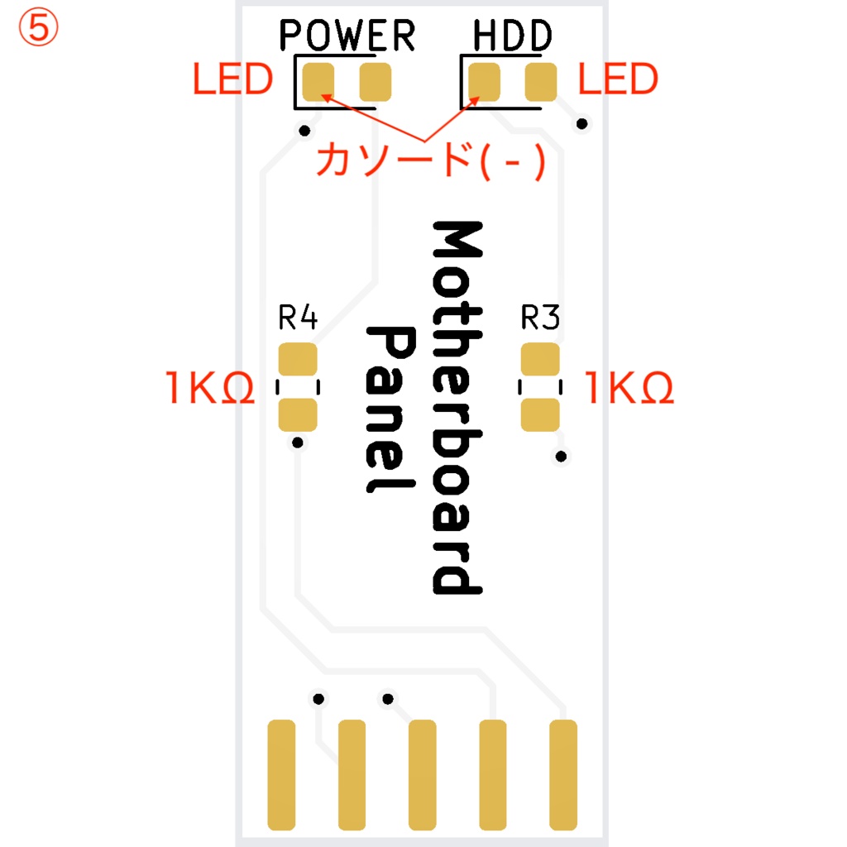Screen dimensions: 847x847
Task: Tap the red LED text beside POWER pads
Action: point(232,79)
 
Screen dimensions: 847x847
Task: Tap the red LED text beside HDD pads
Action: point(618,79)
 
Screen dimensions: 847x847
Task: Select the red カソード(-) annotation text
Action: point(430,159)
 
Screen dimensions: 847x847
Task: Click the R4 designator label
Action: point(298,318)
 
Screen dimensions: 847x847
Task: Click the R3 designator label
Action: point(540,318)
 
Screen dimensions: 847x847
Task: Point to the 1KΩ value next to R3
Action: point(630,387)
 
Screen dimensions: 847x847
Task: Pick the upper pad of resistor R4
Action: point(298,361)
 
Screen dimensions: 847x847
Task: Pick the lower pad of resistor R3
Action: point(540,414)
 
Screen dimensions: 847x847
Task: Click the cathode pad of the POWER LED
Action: point(318,81)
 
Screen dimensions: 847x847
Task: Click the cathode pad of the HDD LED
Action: point(485,81)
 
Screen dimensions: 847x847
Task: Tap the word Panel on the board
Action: point(390,409)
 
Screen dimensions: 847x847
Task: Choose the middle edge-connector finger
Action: point(423,774)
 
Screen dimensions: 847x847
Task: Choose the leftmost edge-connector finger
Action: point(281,774)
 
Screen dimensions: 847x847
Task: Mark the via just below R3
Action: point(562,456)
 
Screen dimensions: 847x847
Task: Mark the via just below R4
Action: point(298,443)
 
